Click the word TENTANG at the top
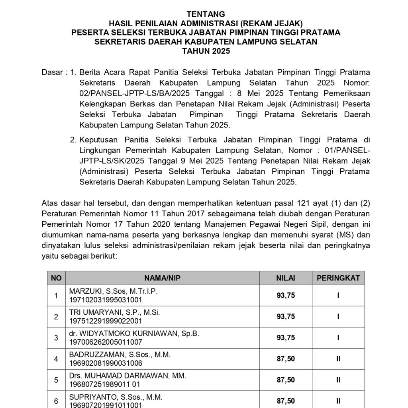click(x=206, y=14)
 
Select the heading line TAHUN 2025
click(x=206, y=51)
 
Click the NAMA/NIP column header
click(x=163, y=278)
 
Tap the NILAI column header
click(x=286, y=278)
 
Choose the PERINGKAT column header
click(x=338, y=278)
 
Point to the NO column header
click(x=56, y=278)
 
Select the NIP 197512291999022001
click(x=106, y=321)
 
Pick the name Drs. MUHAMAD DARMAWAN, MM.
click(x=127, y=376)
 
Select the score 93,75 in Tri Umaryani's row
click(x=286, y=317)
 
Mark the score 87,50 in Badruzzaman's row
click(x=286, y=359)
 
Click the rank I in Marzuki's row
click(x=338, y=296)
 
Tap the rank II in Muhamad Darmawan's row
click(x=338, y=380)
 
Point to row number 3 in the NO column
click(x=56, y=338)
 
